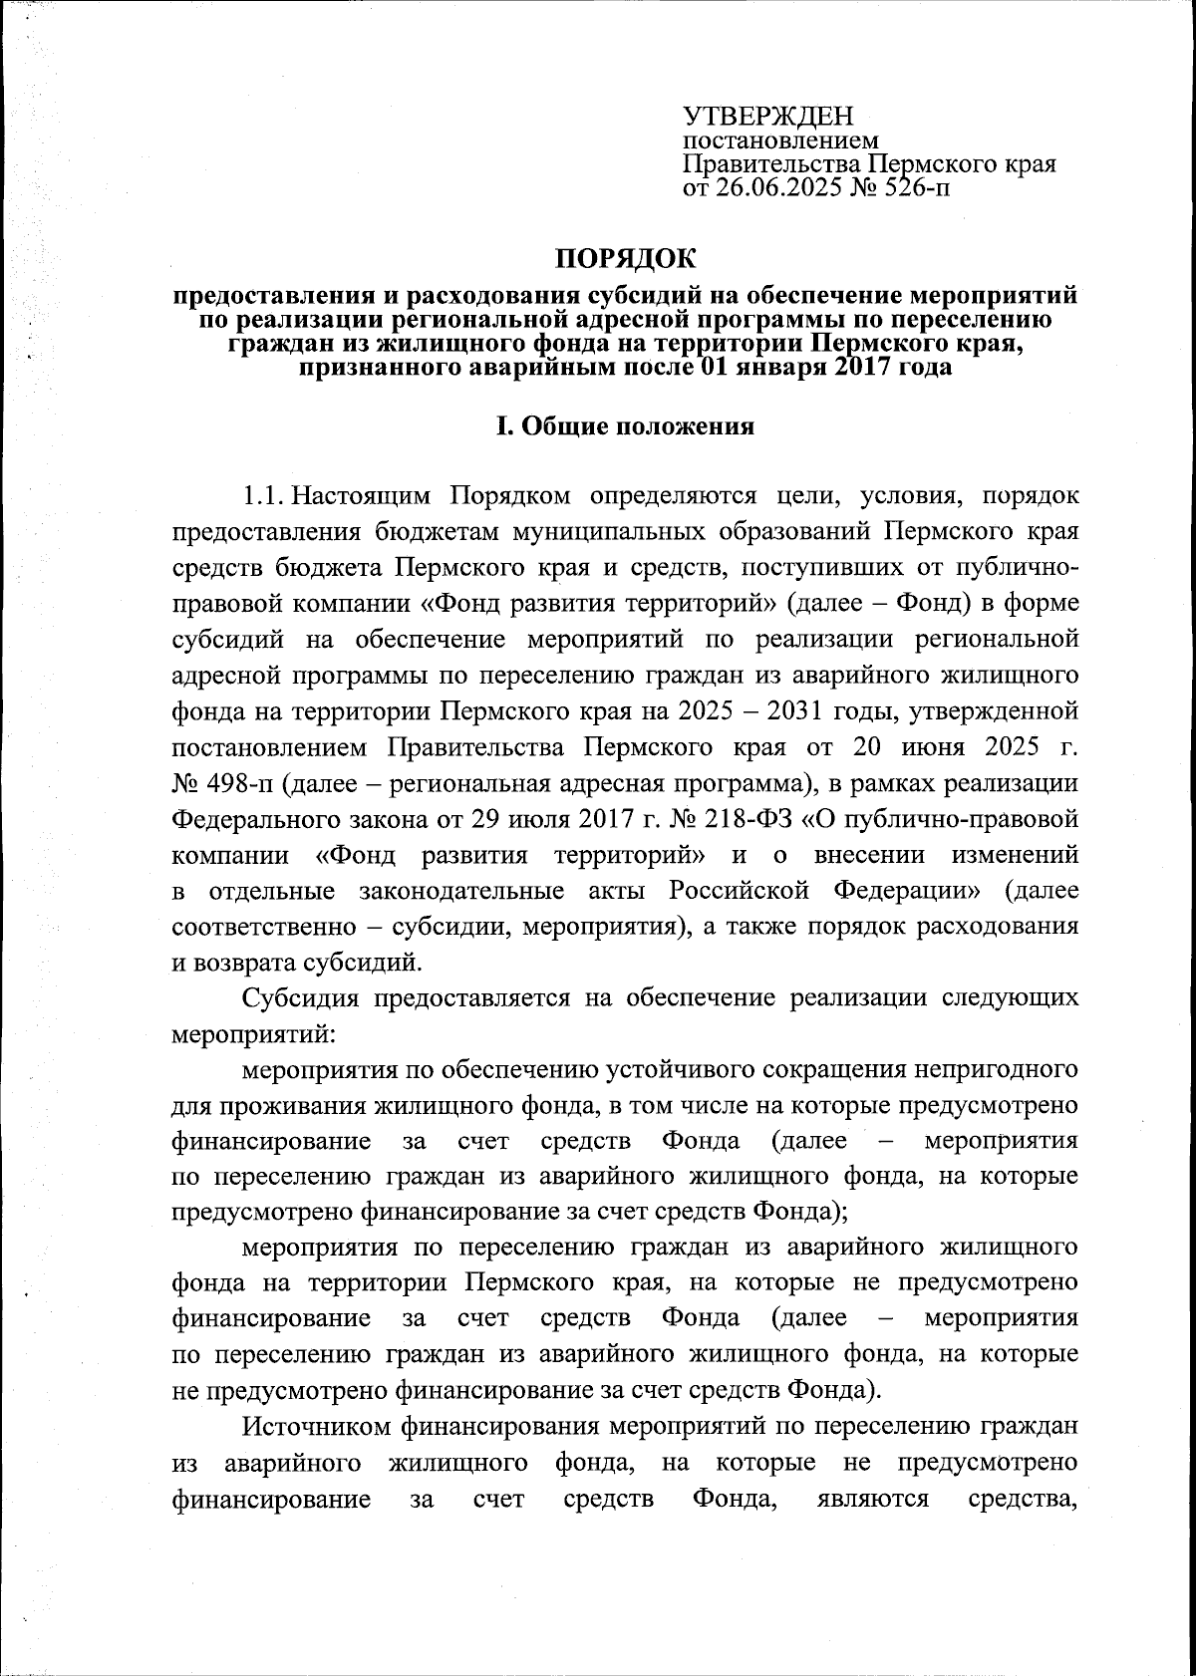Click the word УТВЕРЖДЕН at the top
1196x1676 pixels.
(768, 117)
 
